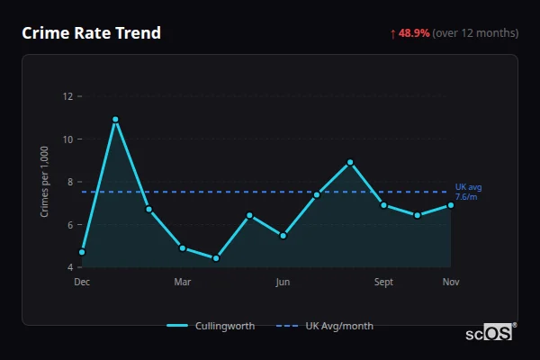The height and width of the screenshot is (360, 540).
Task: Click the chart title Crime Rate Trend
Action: tap(91, 33)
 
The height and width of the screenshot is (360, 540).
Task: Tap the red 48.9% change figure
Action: tap(415, 33)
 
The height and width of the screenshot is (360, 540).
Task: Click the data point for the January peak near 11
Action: tap(115, 120)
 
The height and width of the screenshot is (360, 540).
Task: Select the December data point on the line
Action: tap(82, 252)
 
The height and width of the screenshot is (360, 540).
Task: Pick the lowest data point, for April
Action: tap(216, 258)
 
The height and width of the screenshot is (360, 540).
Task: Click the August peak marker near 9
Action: tap(350, 162)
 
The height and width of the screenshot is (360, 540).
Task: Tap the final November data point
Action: tap(451, 205)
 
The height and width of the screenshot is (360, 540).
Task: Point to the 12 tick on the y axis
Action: tap(67, 96)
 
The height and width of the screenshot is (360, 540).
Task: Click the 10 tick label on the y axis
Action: tap(67, 139)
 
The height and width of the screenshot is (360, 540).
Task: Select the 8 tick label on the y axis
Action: tap(69, 182)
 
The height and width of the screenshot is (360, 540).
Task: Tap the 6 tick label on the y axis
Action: tap(69, 225)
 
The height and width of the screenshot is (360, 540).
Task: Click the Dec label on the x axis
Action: tap(82, 282)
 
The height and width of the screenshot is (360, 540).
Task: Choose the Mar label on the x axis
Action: tap(183, 282)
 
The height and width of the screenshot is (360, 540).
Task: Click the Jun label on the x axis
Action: tap(283, 282)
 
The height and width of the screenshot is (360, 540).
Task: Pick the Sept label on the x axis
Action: tap(383, 282)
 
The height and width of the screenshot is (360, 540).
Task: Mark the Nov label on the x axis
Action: tap(451, 282)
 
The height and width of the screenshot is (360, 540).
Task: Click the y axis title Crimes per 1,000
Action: tap(45, 182)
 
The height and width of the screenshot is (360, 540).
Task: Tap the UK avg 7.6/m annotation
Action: tap(468, 192)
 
